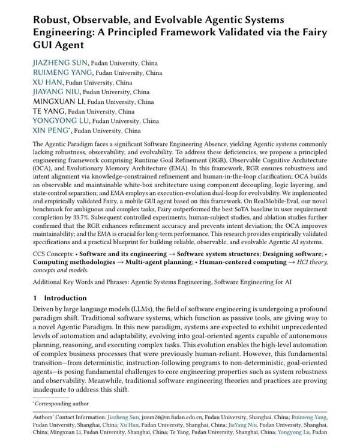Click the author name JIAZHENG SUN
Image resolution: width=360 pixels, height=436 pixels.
coord(60,63)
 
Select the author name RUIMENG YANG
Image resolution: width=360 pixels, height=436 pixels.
coord(63,73)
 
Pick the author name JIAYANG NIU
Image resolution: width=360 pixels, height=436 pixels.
coord(56,92)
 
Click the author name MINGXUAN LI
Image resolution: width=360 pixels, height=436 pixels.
coord(58,101)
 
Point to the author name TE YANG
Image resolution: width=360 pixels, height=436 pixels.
coord(49,111)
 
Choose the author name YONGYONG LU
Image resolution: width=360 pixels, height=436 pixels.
coord(61,121)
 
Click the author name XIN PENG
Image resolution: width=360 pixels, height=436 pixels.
coord(50,130)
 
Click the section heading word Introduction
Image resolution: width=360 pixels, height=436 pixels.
coord(65,298)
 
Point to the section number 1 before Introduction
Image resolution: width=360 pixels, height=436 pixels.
coord(35,298)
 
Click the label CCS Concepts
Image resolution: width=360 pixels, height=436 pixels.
coord(52,254)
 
